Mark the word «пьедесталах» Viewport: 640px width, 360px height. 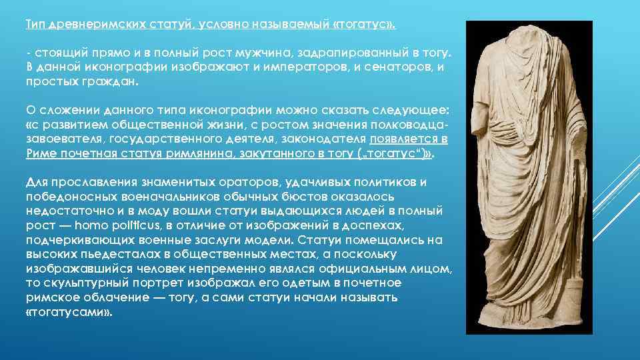click(112, 254)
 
